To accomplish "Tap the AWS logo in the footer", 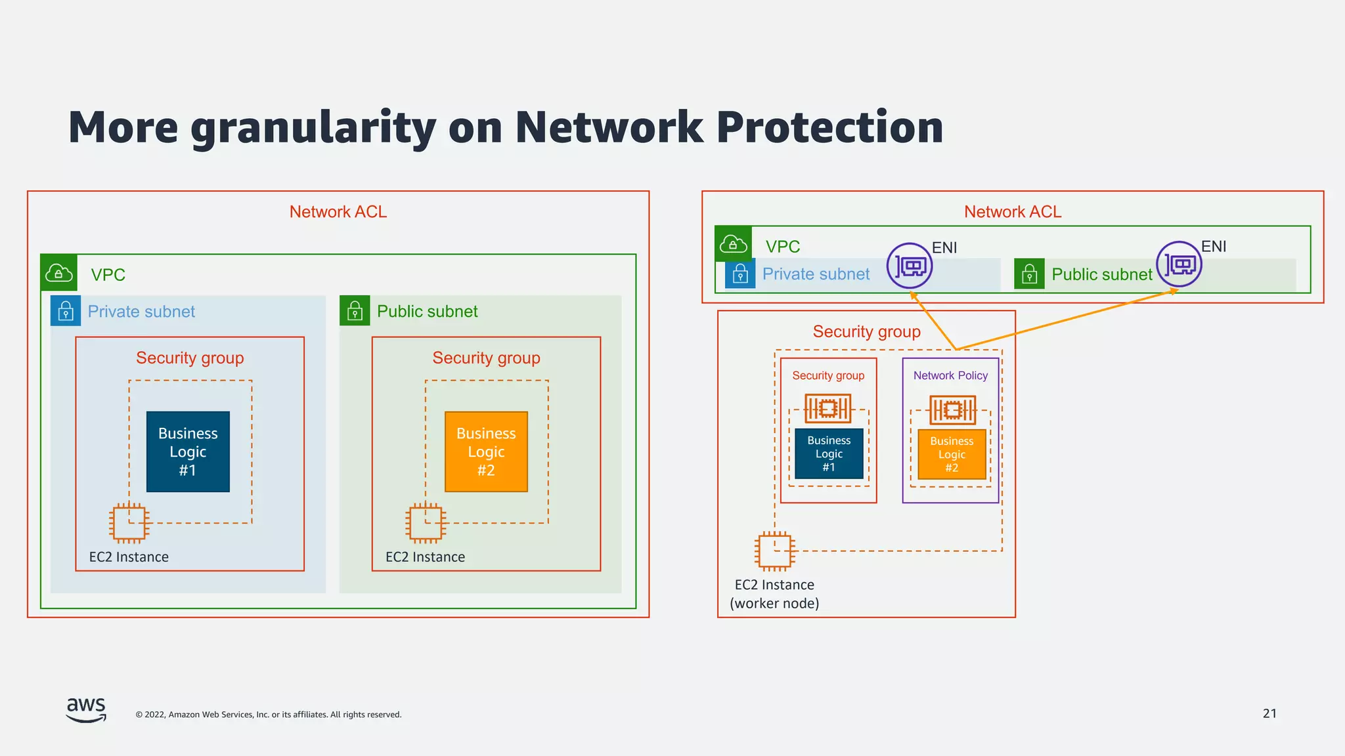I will click(x=86, y=710).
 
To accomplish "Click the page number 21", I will click(x=1269, y=713).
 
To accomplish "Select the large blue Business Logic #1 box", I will click(x=188, y=451).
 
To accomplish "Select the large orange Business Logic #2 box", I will click(x=486, y=451).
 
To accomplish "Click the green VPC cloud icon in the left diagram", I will click(x=59, y=272).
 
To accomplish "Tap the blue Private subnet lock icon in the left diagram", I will click(x=66, y=311).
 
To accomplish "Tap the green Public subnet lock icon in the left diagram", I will click(x=355, y=311).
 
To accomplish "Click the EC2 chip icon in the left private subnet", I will click(x=129, y=523).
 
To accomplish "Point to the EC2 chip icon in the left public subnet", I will click(x=426, y=523).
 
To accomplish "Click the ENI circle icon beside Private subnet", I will click(x=910, y=266).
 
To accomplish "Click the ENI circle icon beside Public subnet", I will click(x=1179, y=264).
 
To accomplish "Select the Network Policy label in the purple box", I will click(x=950, y=375).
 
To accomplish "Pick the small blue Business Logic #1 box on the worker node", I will click(x=829, y=453).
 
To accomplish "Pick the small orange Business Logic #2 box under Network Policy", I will click(x=952, y=454).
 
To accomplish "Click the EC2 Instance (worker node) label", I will click(x=774, y=594).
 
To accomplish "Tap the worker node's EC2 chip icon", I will click(x=775, y=551).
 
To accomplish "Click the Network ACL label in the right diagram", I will click(x=1012, y=212).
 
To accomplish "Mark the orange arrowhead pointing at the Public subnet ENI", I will click(x=1174, y=291).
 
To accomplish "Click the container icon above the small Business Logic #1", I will click(x=828, y=408).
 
